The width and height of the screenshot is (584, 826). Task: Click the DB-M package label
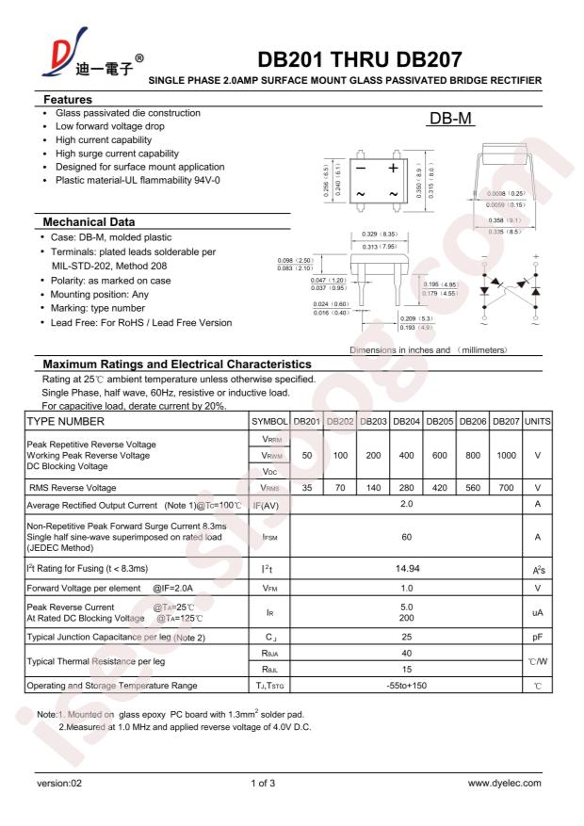(448, 121)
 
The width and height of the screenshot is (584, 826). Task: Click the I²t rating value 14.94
(406, 570)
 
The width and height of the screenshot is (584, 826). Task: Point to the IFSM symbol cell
(267, 537)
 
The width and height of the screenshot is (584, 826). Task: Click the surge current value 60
(406, 537)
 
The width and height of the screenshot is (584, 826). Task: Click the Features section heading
(69, 99)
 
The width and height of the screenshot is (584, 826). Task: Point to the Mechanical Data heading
(90, 221)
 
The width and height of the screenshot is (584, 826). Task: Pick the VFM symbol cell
(267, 588)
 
